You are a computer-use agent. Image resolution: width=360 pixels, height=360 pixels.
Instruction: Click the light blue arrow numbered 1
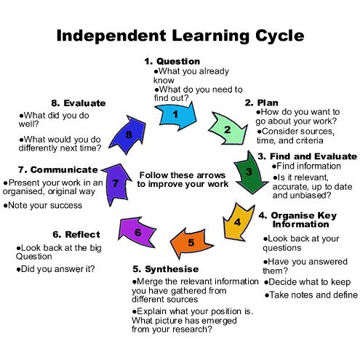click(x=176, y=116)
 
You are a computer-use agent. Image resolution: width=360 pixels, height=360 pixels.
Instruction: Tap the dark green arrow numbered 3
click(x=249, y=172)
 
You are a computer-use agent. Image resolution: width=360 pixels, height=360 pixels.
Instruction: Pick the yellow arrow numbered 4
click(x=238, y=222)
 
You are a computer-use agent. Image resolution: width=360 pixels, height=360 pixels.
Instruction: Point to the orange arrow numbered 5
click(x=191, y=242)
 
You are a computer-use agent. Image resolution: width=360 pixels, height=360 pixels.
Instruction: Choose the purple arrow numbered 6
click(x=137, y=232)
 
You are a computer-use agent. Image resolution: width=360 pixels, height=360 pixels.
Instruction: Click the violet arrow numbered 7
click(x=116, y=183)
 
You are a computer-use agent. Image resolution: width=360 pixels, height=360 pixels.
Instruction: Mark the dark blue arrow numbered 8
click(x=129, y=134)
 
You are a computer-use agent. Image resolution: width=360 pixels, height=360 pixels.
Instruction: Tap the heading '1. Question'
click(x=172, y=61)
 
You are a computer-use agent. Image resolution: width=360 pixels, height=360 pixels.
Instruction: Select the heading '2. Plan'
click(x=261, y=103)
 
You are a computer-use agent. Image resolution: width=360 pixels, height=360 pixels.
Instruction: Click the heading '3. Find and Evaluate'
click(x=307, y=156)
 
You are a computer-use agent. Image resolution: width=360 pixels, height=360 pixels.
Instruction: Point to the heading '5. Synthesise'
click(x=166, y=269)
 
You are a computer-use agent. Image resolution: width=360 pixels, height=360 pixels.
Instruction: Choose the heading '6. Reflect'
click(x=76, y=234)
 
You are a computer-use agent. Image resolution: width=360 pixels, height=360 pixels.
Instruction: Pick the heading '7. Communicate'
click(x=57, y=169)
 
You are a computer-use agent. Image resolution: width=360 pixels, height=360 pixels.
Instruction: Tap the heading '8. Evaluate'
click(x=79, y=103)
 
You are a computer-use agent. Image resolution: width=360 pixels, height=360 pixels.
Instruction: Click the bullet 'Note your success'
click(x=43, y=206)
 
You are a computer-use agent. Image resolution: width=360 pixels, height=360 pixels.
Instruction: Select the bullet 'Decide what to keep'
click(x=307, y=282)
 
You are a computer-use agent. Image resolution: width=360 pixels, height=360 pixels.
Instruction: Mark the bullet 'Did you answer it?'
click(x=55, y=269)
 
